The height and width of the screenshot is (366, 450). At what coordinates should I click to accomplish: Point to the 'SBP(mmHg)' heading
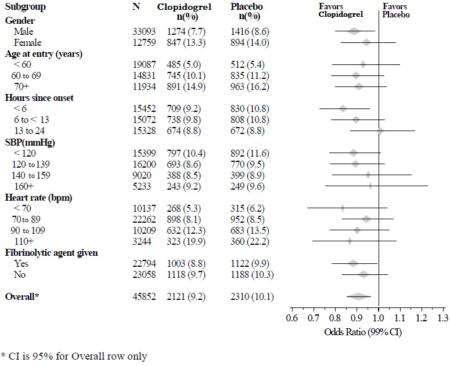pyautogui.click(x=27, y=142)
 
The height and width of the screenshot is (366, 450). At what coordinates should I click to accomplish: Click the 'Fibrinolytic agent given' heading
pyautogui.click(x=51, y=253)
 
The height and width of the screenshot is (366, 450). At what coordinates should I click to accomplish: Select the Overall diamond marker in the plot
pyautogui.click(x=358, y=296)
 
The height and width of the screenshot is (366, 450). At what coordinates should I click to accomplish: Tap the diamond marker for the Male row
pyautogui.click(x=354, y=31)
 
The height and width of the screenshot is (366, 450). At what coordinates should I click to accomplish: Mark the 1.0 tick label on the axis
pyautogui.click(x=379, y=318)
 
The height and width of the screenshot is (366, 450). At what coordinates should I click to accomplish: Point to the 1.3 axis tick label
pyautogui.click(x=442, y=318)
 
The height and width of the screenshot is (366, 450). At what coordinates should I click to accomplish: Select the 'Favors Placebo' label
pyautogui.click(x=396, y=11)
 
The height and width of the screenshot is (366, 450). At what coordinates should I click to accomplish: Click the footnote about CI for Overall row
pyautogui.click(x=74, y=356)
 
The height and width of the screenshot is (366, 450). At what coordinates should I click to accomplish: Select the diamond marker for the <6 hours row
pyautogui.click(x=343, y=108)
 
